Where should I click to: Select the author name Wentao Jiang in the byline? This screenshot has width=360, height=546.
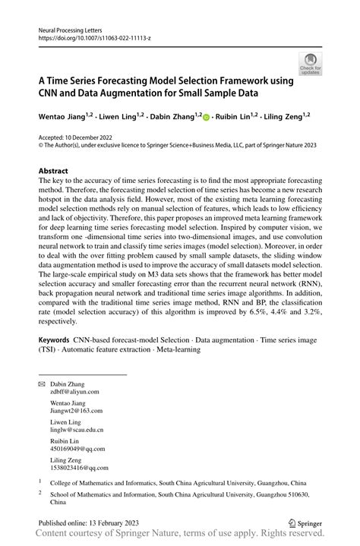point(61,116)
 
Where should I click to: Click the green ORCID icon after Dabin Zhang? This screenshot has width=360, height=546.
point(206,116)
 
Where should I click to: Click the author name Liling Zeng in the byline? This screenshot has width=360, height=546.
point(282,116)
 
